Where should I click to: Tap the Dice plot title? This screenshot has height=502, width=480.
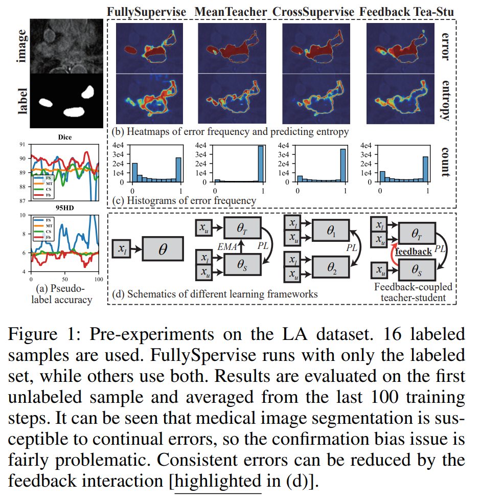click(65, 137)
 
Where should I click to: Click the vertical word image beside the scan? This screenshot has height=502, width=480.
click(21, 46)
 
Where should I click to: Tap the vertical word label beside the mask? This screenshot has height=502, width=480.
click(21, 101)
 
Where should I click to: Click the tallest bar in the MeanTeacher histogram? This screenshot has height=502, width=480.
click(261, 164)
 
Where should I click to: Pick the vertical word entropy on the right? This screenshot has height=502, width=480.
click(444, 100)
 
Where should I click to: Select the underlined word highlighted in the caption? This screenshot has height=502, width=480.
click(218, 481)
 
